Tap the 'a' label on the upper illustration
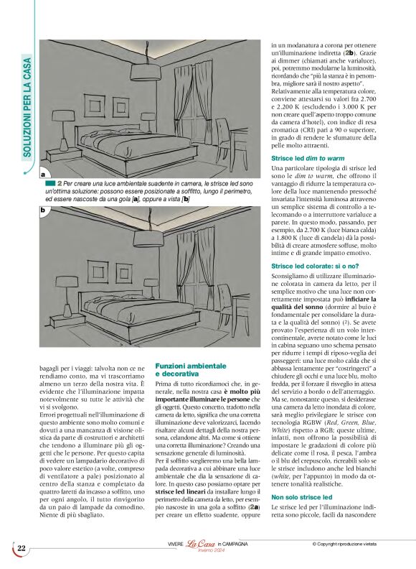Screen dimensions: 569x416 coord(43,175)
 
